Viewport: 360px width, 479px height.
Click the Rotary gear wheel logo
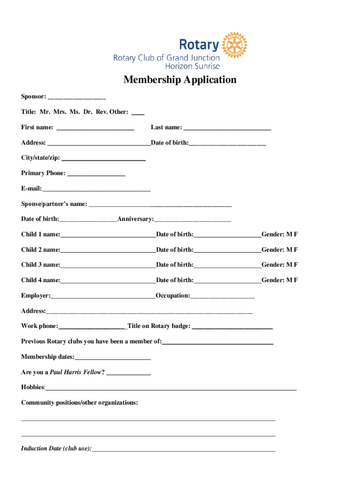coord(234,45)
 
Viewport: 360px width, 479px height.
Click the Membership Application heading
coord(180,80)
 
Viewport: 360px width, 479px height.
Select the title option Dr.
coord(88,112)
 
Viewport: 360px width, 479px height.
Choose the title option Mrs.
coord(60,112)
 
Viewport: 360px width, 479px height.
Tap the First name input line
coord(95,128)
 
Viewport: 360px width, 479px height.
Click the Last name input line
coord(227,128)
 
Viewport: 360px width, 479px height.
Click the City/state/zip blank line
coord(103,159)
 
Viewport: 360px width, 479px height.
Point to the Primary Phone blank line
coord(96,174)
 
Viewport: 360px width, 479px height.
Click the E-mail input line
coord(96,189)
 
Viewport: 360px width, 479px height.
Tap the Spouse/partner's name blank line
coord(160,205)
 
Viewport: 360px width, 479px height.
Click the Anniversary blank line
coord(192,220)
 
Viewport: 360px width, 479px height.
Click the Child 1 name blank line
coord(108,235)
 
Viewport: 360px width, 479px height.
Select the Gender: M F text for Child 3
coord(280,265)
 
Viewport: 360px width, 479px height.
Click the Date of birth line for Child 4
coord(227,281)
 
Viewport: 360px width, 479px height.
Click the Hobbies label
coord(33,387)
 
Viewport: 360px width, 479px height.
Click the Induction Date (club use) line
coord(183,450)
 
